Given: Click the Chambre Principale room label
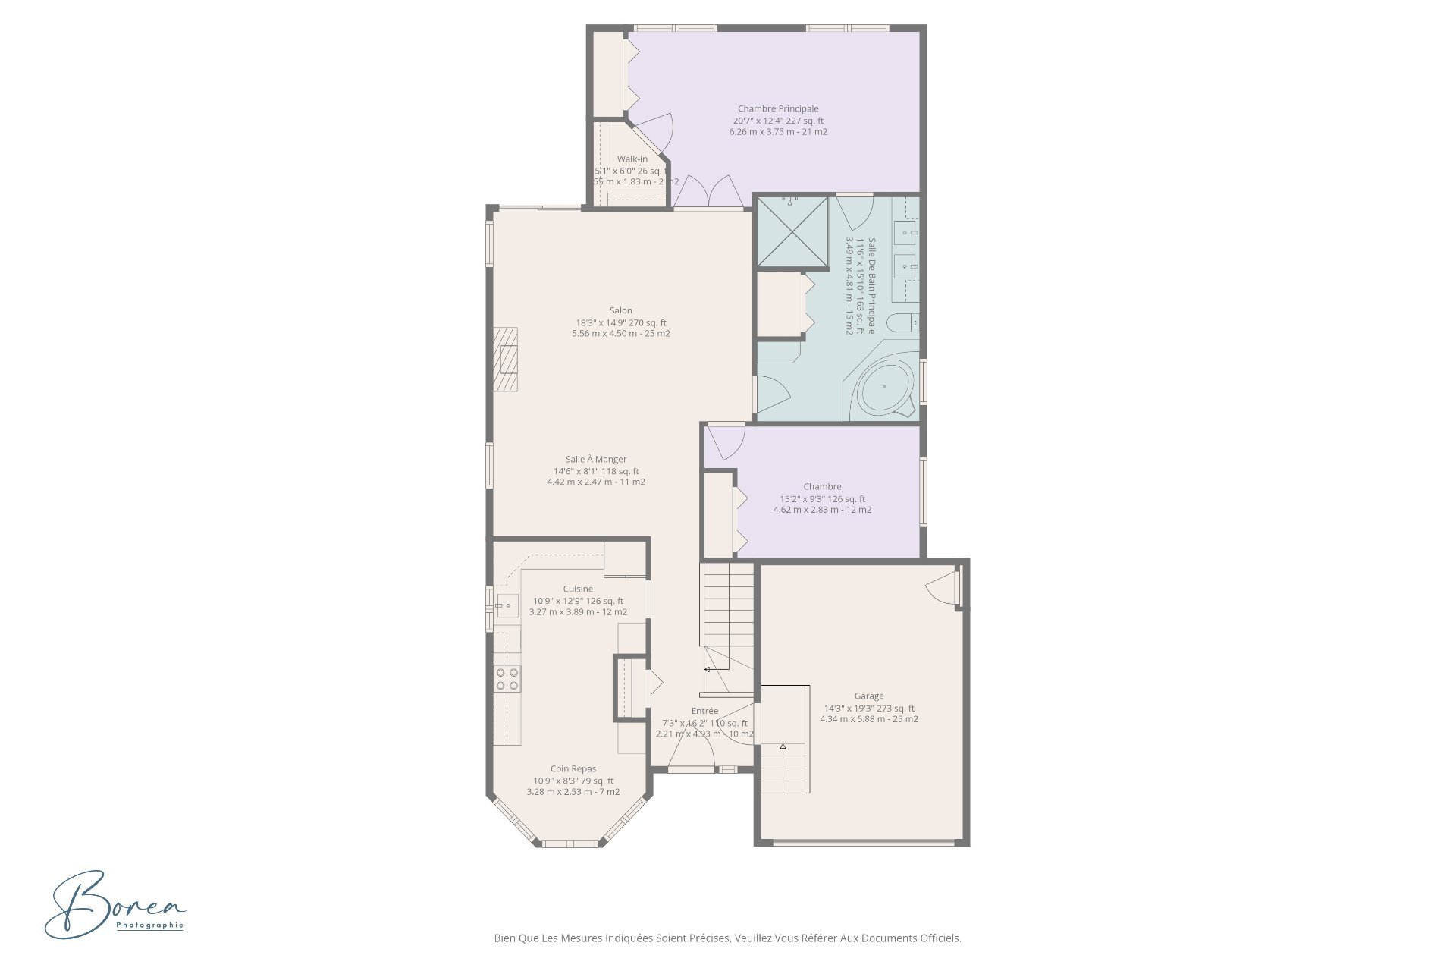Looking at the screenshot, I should [778, 108].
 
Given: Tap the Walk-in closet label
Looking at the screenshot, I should [632, 159].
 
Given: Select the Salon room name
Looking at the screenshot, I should [620, 310].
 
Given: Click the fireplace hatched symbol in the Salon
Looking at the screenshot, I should [506, 360].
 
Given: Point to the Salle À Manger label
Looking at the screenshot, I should [595, 459].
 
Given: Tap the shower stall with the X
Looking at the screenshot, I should [792, 231].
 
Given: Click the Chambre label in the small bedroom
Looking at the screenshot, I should [822, 486].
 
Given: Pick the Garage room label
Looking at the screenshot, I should [868, 696].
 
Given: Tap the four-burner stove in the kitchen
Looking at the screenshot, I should [507, 678].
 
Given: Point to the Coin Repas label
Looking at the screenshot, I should [573, 768].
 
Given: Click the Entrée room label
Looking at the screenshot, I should [704, 711].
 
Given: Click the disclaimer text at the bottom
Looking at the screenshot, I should [727, 938].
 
